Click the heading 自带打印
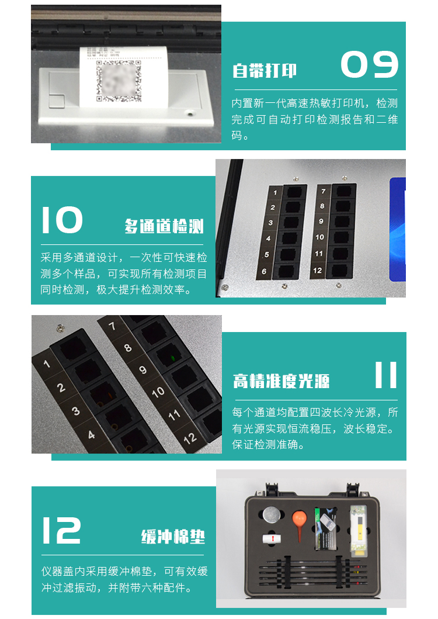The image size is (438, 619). click(265, 71)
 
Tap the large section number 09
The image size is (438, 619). click(369, 64)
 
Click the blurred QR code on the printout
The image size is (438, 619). click(119, 81)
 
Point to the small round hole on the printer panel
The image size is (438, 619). click(190, 114)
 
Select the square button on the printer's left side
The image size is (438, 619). click(57, 101)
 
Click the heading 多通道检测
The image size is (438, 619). click(164, 226)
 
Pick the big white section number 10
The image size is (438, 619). click(62, 220)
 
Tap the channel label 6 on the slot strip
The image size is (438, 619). click(264, 271)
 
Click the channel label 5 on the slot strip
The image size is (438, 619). click(267, 255)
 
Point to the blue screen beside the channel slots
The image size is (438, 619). click(398, 229)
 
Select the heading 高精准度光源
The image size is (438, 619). click(281, 381)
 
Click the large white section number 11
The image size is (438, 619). click(385, 375)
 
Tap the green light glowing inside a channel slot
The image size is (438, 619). click(172, 358)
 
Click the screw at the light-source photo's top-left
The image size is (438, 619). click(60, 327)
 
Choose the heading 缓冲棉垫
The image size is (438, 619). click(173, 537)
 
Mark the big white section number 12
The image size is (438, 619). click(61, 530)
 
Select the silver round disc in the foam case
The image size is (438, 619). click(272, 515)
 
